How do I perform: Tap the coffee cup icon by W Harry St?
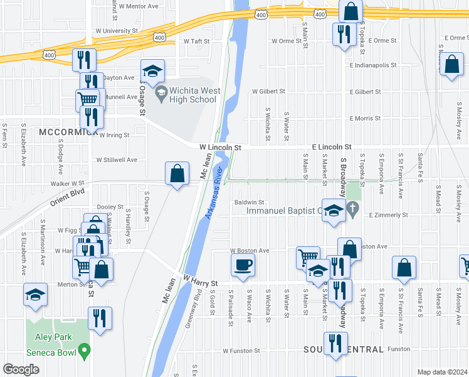tap(243, 265)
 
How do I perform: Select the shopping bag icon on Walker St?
tap(177, 173)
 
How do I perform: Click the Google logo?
tap(21, 369)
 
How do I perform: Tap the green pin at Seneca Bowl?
tap(83, 352)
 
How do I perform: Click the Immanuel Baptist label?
tap(283, 210)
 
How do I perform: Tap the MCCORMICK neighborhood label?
tap(68, 132)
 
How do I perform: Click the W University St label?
tap(117, 30)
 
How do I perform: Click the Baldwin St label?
tap(250, 202)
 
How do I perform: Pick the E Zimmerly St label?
tap(389, 215)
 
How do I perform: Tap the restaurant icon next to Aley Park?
tap(100, 317)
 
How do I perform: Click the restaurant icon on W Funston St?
tap(335, 344)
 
